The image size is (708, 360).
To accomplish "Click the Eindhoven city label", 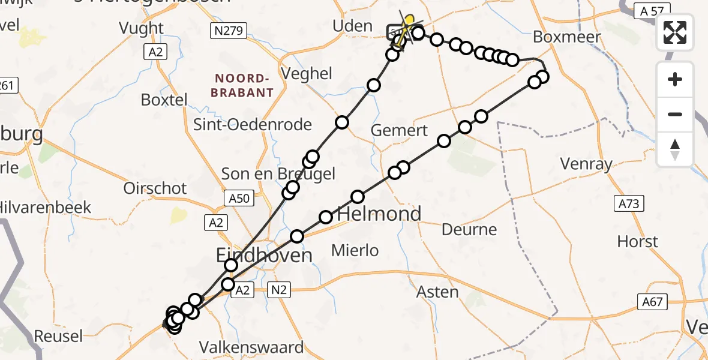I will tap(264, 256).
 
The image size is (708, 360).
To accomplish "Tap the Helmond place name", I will tap(379, 214).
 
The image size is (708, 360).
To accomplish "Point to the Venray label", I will tap(586, 163).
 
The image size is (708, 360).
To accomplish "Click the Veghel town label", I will tap(310, 74).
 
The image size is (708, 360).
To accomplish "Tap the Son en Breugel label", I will tap(278, 174).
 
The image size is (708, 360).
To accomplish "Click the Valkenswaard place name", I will tap(251, 347).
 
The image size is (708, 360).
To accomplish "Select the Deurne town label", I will tap(469, 229).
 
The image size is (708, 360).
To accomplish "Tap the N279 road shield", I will tap(229, 31).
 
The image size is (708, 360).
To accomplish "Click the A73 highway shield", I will tap(629, 204).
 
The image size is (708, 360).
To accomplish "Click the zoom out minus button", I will tap(675, 114).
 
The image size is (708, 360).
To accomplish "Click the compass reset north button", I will tap(675, 149).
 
